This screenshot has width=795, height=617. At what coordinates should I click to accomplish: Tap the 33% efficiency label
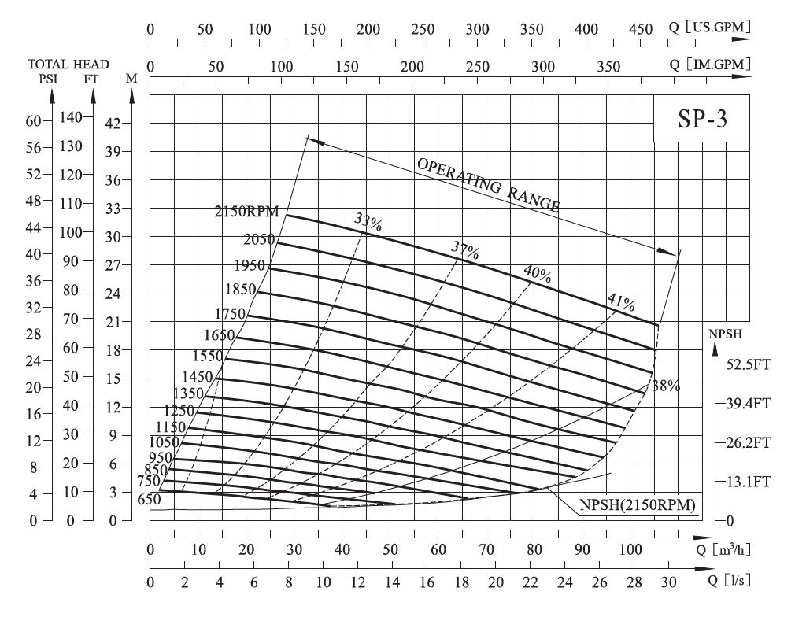(x=368, y=222)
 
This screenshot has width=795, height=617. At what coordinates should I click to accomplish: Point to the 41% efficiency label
(x=621, y=302)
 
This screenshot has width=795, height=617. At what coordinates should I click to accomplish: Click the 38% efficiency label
(x=665, y=386)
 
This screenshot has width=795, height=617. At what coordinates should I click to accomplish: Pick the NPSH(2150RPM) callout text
(x=638, y=505)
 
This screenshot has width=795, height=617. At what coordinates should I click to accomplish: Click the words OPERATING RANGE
(x=489, y=186)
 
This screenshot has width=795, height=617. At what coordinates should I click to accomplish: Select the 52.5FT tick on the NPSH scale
(x=744, y=364)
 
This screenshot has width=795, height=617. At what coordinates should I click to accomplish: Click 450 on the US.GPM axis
(x=642, y=29)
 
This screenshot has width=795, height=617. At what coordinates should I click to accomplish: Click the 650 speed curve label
(x=149, y=499)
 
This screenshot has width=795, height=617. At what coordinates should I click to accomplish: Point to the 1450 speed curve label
(x=198, y=377)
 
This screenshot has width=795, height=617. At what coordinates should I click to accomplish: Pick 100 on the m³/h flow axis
(x=630, y=549)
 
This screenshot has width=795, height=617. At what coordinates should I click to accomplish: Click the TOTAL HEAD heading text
(x=68, y=64)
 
